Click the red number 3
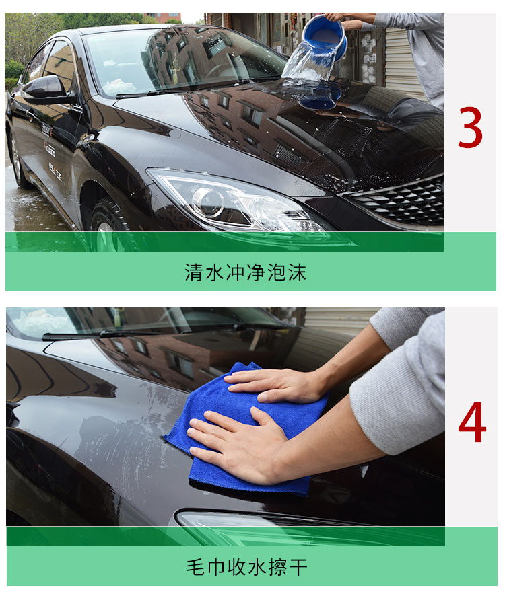tap(470, 127)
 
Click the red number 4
tap(472, 422)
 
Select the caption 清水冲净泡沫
tap(246, 272)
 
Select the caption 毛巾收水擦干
tap(247, 567)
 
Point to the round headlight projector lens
tap(208, 201)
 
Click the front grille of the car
tap(401, 200)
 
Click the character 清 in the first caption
tap(194, 272)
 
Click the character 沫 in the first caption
tap(297, 272)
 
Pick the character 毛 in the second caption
tap(196, 567)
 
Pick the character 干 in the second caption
tap(298, 567)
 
